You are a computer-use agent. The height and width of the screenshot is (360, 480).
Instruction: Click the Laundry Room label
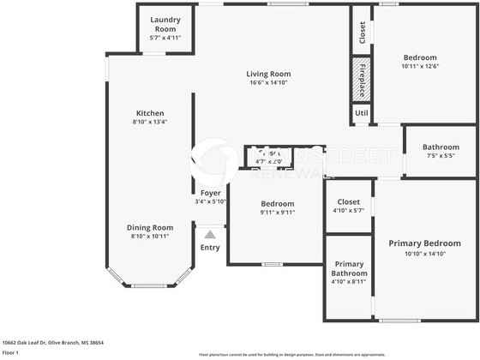(165, 23)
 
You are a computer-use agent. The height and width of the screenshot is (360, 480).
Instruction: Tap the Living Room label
(268, 74)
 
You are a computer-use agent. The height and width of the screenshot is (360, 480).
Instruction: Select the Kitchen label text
(150, 113)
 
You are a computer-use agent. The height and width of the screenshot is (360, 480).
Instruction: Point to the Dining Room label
(151, 227)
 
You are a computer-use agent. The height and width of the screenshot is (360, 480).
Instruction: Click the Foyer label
(210, 193)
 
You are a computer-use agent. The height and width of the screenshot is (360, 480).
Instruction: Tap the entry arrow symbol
(210, 232)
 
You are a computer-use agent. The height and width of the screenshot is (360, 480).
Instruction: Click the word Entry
(210, 248)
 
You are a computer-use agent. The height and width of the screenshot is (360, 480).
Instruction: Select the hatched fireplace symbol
(361, 79)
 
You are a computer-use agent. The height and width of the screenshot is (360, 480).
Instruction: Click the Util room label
(361, 113)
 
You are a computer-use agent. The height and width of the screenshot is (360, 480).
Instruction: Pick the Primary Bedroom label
(425, 243)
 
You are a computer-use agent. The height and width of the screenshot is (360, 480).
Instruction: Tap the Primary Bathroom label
(350, 268)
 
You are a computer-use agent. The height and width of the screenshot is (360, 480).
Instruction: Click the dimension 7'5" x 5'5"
(441, 155)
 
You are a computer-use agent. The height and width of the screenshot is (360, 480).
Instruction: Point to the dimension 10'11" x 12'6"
(420, 67)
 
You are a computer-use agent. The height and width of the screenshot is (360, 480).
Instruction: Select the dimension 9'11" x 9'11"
(278, 213)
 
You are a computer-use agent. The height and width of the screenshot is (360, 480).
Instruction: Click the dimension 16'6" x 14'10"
(268, 82)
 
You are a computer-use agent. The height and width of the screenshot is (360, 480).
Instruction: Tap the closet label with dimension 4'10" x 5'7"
(348, 202)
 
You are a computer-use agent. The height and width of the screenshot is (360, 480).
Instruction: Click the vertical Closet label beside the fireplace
(362, 33)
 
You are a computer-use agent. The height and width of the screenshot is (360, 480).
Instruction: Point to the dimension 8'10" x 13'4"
(150, 122)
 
